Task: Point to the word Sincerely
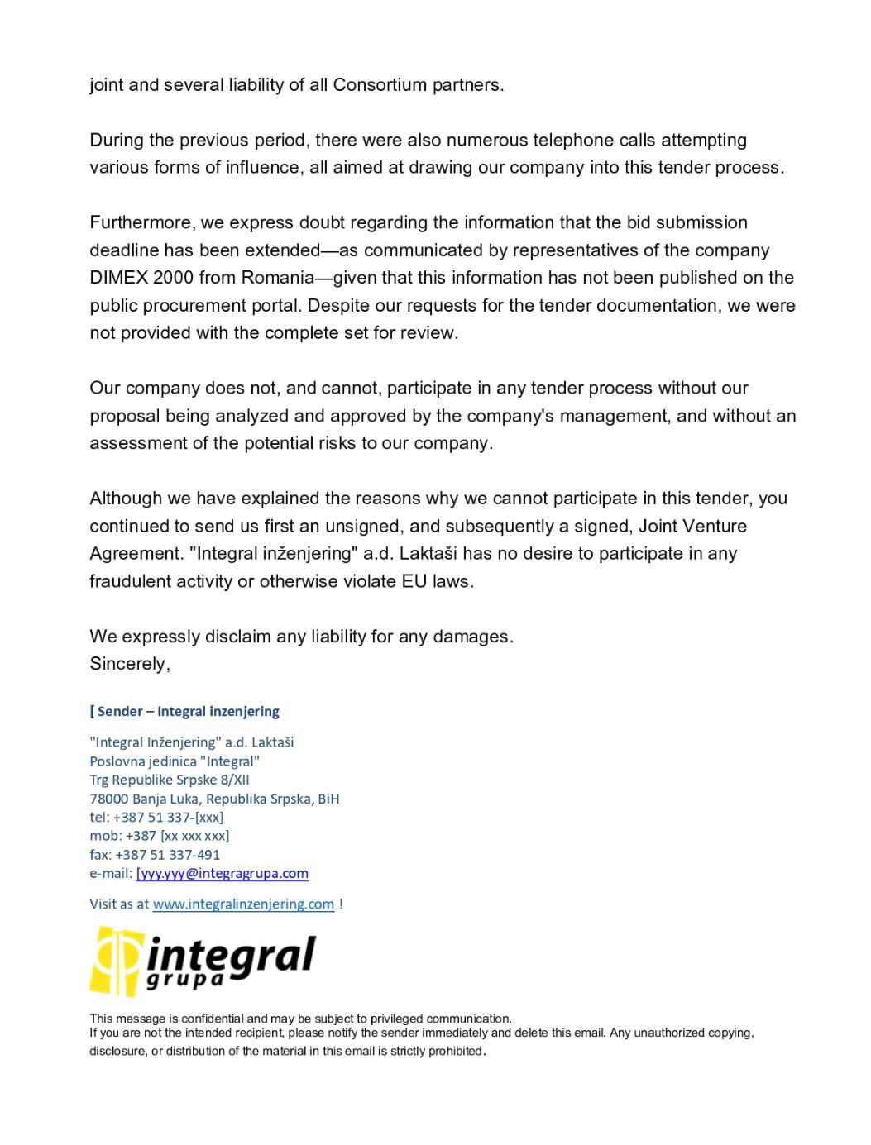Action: [130, 664]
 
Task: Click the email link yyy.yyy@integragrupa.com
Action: [223, 873]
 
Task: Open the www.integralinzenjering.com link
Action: [243, 904]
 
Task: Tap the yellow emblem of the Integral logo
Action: [114, 961]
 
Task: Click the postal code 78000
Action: [108, 799]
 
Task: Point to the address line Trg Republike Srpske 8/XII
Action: [170, 780]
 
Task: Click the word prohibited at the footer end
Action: [451, 1051]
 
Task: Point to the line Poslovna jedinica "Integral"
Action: [175, 761]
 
